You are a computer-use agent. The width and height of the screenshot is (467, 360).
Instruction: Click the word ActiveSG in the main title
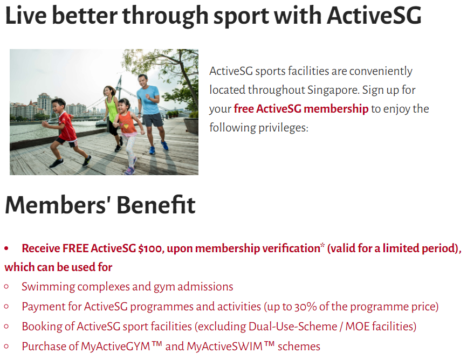(374, 15)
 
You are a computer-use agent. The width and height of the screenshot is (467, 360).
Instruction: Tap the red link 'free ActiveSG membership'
(301, 109)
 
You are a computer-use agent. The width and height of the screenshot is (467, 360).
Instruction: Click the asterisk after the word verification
(322, 245)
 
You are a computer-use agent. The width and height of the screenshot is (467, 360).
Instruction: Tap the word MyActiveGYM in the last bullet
(115, 347)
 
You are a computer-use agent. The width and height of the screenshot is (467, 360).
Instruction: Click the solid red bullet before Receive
(6, 248)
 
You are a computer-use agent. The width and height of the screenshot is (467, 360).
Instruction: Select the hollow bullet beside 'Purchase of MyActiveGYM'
(6, 347)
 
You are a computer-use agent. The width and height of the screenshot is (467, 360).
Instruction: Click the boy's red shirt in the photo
(67, 127)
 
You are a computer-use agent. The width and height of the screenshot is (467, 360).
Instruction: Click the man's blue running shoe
(164, 146)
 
